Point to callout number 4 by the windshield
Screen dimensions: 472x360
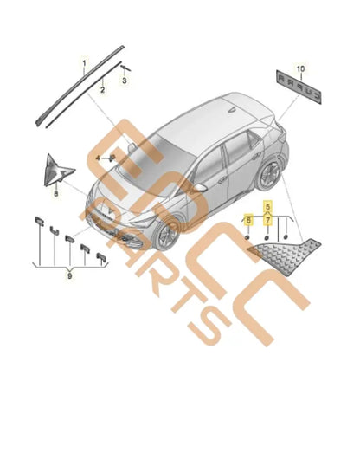pyautogui.click(x=99, y=158)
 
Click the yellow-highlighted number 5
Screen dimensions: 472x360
pyautogui.click(x=267, y=206)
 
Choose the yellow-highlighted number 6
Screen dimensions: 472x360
pyautogui.click(x=248, y=221)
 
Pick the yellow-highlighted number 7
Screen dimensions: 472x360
pyautogui.click(x=267, y=221)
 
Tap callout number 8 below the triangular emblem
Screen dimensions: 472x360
pyautogui.click(x=57, y=196)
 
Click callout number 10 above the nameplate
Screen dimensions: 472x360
pyautogui.click(x=300, y=67)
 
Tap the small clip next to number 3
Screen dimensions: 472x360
pyautogui.click(x=125, y=66)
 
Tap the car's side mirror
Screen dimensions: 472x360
pyautogui.click(x=199, y=185)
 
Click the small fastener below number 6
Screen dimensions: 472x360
pyautogui.click(x=247, y=238)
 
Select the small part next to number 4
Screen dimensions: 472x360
pyautogui.click(x=111, y=158)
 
